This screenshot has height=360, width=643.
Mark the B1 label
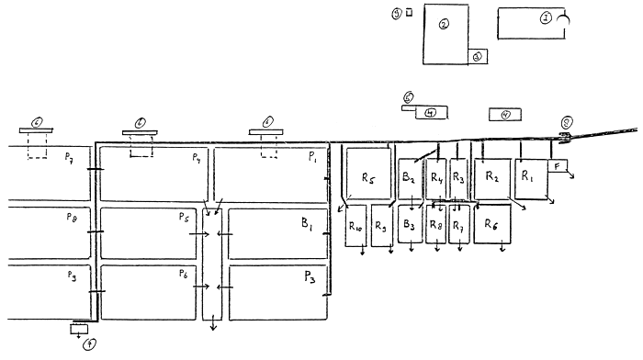pyautogui.click(x=305, y=223)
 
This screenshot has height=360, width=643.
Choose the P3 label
pyautogui.click(x=309, y=276)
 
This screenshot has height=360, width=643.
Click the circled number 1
pyautogui.click(x=546, y=17)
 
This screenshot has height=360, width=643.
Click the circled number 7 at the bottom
pyautogui.click(x=88, y=346)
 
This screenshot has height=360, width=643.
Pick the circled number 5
pyautogui.click(x=409, y=96)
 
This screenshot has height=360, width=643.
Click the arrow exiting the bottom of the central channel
pyautogui.click(x=213, y=324)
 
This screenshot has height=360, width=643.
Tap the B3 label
pyautogui.click(x=410, y=225)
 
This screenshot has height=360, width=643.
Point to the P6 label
pyautogui.click(x=186, y=275)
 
